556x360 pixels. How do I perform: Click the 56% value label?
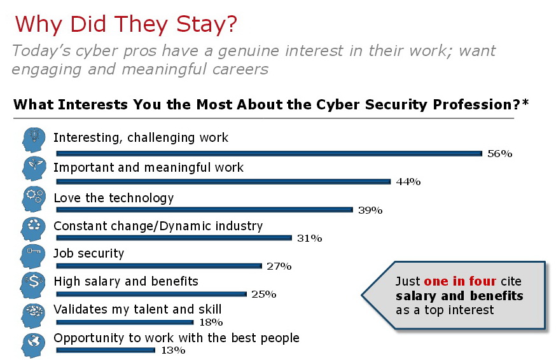click(x=499, y=154)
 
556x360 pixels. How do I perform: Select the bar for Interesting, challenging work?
click(x=269, y=153)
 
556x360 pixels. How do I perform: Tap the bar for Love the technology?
click(x=204, y=209)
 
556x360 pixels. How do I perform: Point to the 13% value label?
click(x=172, y=350)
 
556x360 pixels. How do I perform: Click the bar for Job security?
click(x=159, y=266)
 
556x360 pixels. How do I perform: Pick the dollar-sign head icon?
click(x=32, y=285)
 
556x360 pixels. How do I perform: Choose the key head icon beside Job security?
click(x=32, y=256)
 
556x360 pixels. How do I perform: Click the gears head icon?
click(x=32, y=198)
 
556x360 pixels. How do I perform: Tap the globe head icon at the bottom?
click(x=32, y=344)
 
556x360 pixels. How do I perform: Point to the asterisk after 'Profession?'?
click(x=525, y=104)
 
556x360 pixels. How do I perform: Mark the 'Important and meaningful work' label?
click(x=148, y=168)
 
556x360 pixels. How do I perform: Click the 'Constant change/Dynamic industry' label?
click(x=158, y=226)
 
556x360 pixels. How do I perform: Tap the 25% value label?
click(x=263, y=294)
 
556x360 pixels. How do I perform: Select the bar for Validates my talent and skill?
click(x=125, y=322)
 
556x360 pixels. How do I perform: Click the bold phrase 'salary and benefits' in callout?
click(x=459, y=296)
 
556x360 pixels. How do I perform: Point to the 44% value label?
click(x=408, y=182)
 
